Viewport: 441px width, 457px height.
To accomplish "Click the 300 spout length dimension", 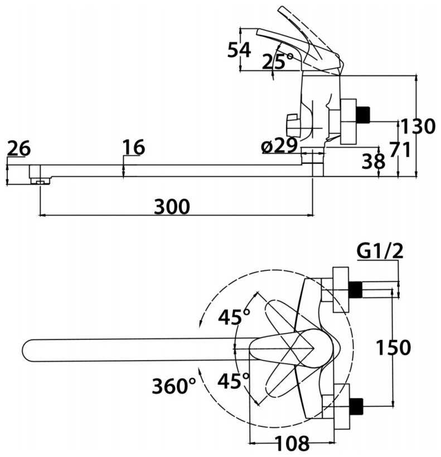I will coord(172,207).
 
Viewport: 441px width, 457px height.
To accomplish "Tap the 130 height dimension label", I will coord(418,127).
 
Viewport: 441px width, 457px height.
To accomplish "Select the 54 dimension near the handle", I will coord(239,50).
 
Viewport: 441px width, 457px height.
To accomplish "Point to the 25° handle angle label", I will coord(278,61).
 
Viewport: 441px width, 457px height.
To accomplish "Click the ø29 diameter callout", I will coord(279,146).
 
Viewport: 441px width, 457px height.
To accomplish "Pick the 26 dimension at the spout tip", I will coord(19,149).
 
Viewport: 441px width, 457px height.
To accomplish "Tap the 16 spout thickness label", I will coord(134,148).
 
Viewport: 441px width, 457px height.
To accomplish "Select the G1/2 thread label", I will coord(380,252).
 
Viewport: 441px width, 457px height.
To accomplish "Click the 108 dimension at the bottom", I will coord(292,444).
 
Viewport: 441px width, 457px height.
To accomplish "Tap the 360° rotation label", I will coord(174,386).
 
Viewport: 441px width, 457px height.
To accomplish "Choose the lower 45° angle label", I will coord(234,382).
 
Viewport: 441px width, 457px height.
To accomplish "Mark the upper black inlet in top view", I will coord(355,289).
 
